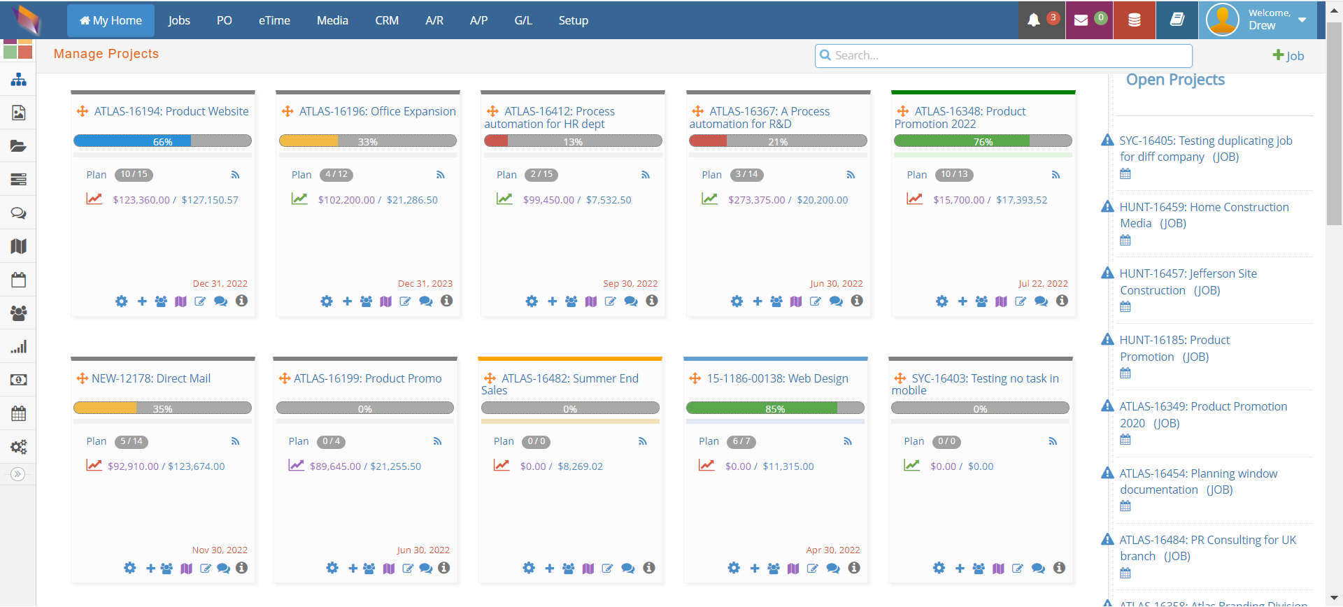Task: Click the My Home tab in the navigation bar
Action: [111, 20]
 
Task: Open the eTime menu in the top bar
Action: [274, 20]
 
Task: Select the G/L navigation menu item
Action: [523, 20]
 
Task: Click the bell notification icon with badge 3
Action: [1034, 20]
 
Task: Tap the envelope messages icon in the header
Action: [1081, 20]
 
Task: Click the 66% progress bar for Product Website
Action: [162, 141]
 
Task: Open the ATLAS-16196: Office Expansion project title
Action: [377, 111]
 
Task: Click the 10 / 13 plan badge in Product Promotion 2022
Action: [954, 175]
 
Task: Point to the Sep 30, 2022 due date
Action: [630, 283]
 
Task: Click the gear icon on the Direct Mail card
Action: [130, 568]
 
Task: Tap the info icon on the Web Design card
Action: [854, 568]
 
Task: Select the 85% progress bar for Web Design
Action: [774, 408]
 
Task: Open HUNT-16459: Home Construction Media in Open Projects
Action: [1203, 215]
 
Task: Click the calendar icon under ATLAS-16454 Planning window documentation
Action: [1125, 506]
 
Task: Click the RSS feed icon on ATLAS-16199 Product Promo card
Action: [437, 441]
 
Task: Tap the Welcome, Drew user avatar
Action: [1223, 20]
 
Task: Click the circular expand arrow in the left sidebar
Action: [18, 474]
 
